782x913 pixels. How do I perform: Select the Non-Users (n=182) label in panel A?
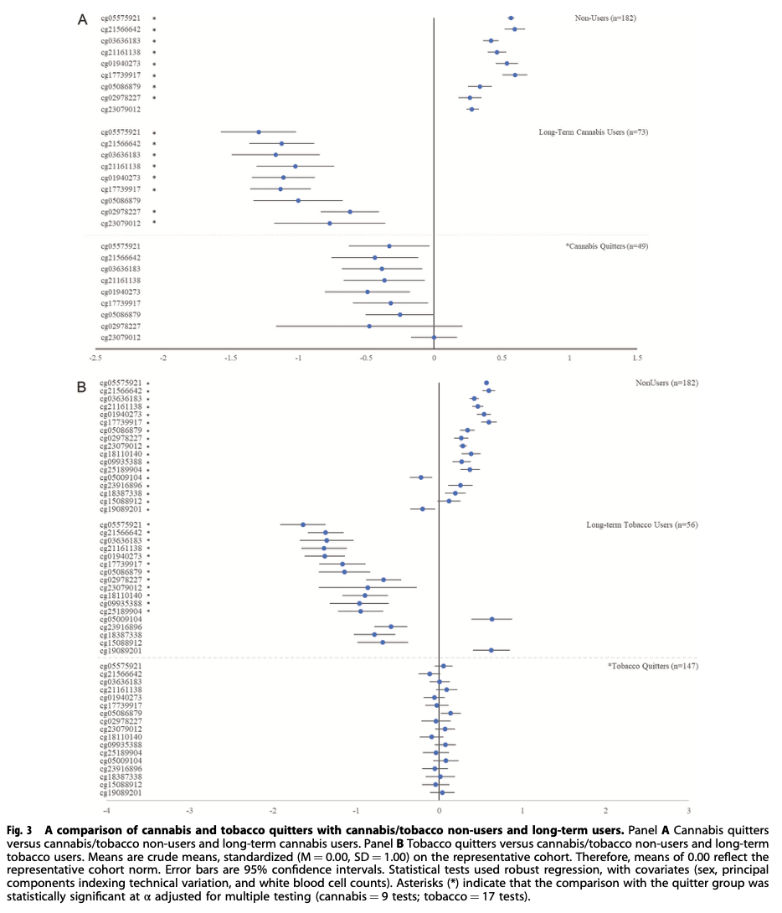(x=605, y=18)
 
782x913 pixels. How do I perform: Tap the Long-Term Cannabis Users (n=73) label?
(x=594, y=132)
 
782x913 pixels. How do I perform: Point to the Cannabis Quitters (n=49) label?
(x=608, y=246)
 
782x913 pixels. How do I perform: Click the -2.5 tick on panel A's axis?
(x=96, y=358)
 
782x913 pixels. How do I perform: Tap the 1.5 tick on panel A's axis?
(x=637, y=358)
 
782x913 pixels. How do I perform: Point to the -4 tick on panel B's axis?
(x=105, y=811)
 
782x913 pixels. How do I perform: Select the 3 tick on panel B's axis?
(x=688, y=811)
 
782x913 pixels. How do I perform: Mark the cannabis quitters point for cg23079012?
(x=434, y=338)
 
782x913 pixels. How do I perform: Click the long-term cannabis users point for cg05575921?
(x=259, y=132)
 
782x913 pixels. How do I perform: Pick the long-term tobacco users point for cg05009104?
(x=491, y=619)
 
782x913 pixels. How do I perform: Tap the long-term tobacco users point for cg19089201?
(x=491, y=650)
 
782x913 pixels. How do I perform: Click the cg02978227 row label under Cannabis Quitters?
(x=121, y=326)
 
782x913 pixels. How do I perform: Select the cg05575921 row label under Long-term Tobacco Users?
(x=121, y=524)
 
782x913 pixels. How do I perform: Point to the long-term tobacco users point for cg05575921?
(x=303, y=524)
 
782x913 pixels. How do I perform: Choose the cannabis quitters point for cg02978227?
(x=369, y=326)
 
